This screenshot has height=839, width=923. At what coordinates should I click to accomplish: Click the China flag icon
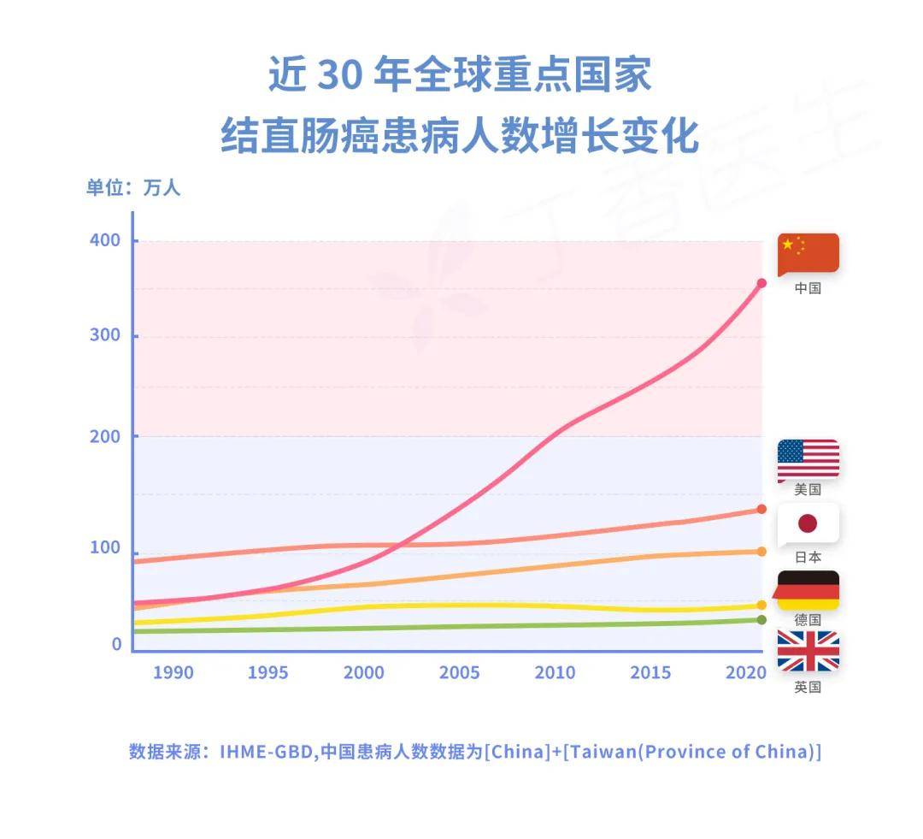click(808, 253)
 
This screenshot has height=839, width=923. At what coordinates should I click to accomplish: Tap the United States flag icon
click(808, 459)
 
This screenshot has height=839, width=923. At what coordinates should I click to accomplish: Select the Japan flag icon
click(808, 523)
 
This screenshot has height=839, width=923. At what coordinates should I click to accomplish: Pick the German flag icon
click(808, 590)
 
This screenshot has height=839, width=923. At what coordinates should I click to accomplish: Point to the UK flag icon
click(808, 652)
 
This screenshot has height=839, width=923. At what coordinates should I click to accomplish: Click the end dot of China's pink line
click(761, 283)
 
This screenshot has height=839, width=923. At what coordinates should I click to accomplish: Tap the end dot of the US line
click(761, 510)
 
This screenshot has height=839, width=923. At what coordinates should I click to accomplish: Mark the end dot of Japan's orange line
click(761, 552)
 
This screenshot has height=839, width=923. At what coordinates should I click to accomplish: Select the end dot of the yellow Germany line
click(761, 606)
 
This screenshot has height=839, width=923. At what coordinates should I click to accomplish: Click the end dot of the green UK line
click(761, 620)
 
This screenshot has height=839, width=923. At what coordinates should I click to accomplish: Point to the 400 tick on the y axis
click(106, 240)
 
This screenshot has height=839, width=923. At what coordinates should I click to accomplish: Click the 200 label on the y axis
click(106, 436)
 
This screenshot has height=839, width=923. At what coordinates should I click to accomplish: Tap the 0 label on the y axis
click(117, 645)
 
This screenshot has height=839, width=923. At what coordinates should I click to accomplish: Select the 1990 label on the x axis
click(173, 673)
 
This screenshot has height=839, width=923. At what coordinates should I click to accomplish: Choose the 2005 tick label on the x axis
click(460, 673)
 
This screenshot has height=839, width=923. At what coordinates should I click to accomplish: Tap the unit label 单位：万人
click(133, 187)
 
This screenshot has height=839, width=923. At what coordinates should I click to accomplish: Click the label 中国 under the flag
click(808, 288)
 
